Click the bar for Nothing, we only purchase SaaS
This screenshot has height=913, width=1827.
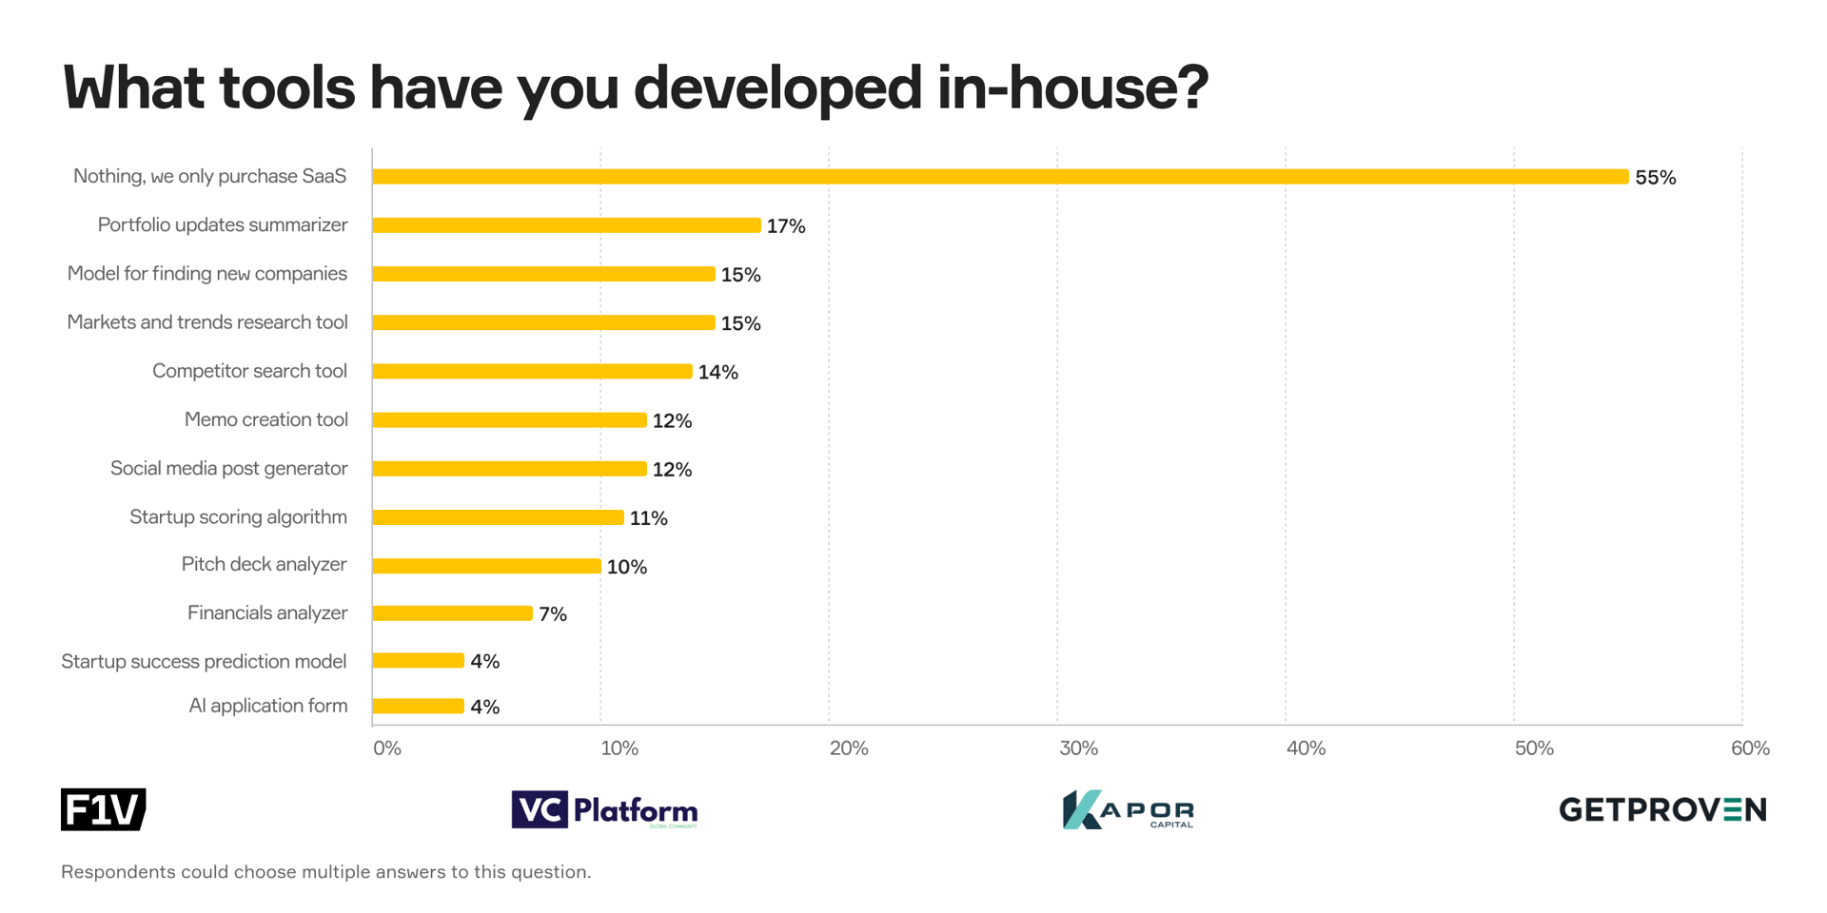[x=999, y=177]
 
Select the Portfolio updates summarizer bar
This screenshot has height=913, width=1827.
[x=566, y=225]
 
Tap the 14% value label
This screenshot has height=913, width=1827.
[x=717, y=372]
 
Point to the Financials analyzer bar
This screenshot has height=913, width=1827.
[x=452, y=613]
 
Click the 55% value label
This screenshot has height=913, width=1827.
[x=1655, y=178]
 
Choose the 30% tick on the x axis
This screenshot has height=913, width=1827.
[x=1078, y=748]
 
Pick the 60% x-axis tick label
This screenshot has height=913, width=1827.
[x=1750, y=748]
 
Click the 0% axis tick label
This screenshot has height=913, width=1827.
[x=387, y=748]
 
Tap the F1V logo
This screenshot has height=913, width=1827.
[x=103, y=809]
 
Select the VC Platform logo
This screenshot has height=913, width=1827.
[x=604, y=810]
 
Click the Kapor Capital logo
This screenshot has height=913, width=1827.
[x=1128, y=810]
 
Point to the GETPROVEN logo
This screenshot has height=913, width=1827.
[x=1662, y=810]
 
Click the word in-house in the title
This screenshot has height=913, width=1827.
[x=1071, y=87]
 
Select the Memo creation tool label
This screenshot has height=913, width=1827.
[x=265, y=419]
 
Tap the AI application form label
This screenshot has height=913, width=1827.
[x=267, y=706]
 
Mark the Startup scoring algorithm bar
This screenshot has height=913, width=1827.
[x=498, y=517]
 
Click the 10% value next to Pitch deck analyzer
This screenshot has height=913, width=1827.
[x=626, y=567]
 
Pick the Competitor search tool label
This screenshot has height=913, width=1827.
[x=249, y=371]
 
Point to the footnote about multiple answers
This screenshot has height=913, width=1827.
[x=325, y=872]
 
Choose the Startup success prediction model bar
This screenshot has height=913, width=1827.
[x=418, y=661]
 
